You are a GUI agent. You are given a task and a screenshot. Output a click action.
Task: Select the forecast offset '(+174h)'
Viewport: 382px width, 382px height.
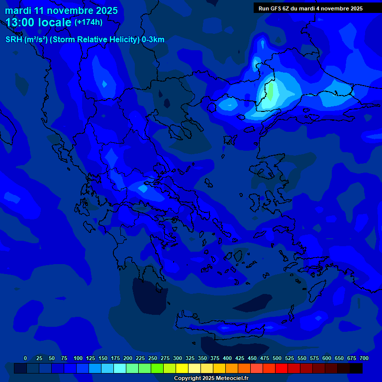[x=88, y=22]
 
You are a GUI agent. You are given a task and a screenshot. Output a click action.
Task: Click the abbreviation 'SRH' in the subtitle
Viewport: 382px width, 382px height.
[x=14, y=40]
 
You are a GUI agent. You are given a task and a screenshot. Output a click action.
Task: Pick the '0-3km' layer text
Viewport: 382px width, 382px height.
[x=153, y=40]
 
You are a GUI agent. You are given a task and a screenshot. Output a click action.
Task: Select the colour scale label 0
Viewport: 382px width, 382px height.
[x=25, y=358]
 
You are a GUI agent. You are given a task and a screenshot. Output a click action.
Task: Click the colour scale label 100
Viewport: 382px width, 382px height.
[x=78, y=358]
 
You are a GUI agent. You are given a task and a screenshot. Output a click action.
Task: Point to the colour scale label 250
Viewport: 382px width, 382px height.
[x=153, y=358]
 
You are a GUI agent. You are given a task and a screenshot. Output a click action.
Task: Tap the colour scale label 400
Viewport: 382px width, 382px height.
[x=227, y=358]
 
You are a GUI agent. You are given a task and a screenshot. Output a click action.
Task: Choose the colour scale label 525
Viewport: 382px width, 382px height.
[x=289, y=358]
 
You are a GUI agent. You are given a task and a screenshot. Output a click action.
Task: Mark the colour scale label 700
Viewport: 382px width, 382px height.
[x=364, y=358]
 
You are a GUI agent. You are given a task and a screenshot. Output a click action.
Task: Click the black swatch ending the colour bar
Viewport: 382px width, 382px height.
[x=356, y=368]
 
